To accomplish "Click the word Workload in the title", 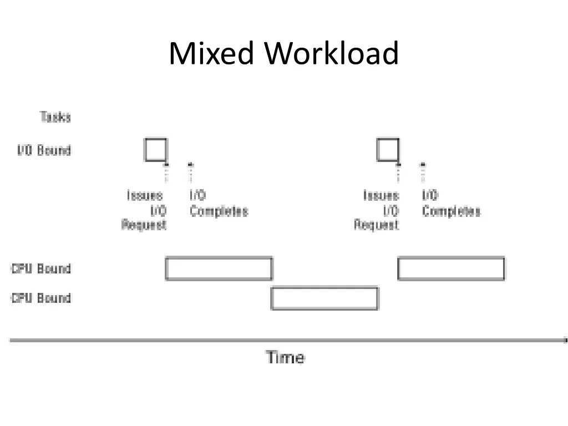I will click(331, 54).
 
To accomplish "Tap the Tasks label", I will click(55, 117).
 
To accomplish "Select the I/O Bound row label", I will click(43, 150).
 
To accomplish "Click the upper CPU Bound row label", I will click(41, 269).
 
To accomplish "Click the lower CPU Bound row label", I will click(41, 298).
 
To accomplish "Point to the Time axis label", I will click(285, 357).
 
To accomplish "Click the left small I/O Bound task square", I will click(156, 150).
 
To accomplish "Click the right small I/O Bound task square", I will click(388, 150).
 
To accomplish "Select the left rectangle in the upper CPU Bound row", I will click(219, 269).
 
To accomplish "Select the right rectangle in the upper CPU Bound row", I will click(451, 269).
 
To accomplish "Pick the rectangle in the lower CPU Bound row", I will click(324, 298).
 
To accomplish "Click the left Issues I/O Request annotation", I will click(145, 210).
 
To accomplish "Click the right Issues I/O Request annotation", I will click(378, 210).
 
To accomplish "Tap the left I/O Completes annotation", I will click(218, 204).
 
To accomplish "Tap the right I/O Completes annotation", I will click(450, 204).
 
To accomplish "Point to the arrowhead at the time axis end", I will click(565, 340).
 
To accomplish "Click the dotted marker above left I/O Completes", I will click(190, 172).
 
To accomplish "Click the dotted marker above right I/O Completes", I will click(423, 172).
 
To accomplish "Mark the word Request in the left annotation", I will click(144, 225).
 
